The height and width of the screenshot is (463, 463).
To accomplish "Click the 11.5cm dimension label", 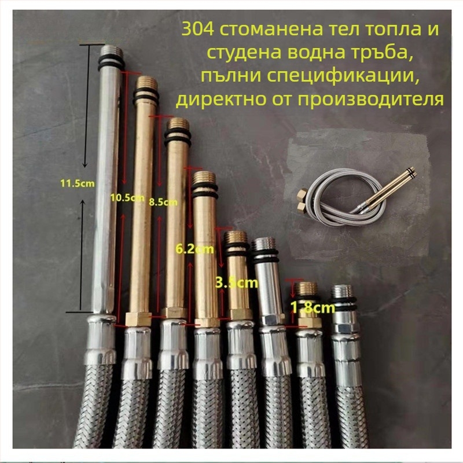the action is coord(78,183).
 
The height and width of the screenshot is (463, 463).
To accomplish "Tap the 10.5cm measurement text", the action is coord(127,197).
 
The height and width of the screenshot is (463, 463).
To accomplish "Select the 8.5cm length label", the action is coord(163,202).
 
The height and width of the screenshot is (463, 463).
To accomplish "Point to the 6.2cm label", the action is coord(194,249).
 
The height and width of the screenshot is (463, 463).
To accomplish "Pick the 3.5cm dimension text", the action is coord(237,283).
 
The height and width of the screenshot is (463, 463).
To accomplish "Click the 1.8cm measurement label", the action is coord(313,307).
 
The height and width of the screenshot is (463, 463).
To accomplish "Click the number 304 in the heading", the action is coord(197,30).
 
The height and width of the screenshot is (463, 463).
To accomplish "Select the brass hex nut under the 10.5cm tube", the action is coord(138,319).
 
